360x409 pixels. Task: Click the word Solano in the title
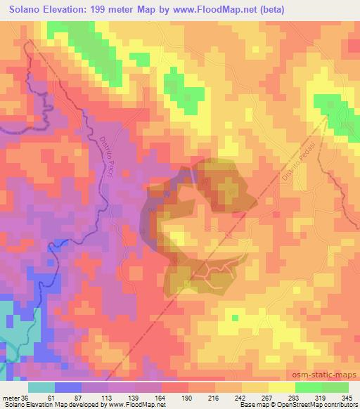(x=27, y=10)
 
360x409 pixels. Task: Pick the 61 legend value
(x=51, y=398)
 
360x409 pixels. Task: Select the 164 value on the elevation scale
(x=161, y=398)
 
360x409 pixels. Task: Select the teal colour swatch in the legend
(x=41, y=387)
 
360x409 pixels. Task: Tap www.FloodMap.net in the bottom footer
(x=135, y=405)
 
